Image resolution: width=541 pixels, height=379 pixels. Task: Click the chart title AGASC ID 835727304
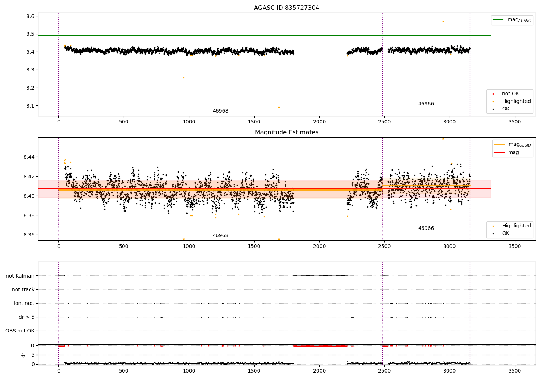286,8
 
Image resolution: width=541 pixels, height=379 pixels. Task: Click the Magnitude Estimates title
286,132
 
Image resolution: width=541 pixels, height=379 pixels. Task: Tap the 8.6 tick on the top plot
30,16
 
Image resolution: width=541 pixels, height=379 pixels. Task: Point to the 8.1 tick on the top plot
30,106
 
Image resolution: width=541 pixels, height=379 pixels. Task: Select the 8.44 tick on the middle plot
29,157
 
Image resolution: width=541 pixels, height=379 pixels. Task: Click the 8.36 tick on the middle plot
29,235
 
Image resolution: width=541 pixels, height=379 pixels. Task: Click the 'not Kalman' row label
20,276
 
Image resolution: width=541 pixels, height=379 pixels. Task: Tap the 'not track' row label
23,289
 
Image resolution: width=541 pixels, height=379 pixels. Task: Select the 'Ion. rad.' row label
24,303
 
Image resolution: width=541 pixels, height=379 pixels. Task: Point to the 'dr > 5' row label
27,317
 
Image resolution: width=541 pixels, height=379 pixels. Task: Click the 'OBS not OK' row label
20,331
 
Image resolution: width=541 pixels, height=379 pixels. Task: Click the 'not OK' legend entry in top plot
510,94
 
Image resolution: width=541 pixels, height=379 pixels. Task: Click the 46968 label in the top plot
220,111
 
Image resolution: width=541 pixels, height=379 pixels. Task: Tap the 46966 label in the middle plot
426,228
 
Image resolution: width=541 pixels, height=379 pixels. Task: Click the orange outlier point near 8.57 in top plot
443,21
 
